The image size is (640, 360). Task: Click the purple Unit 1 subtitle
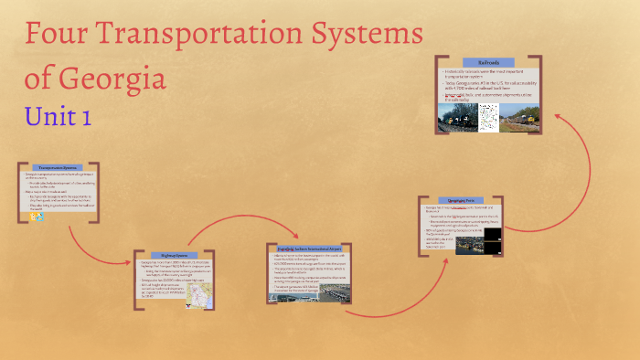[x=59, y=116]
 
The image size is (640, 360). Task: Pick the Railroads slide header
[x=486, y=63]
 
